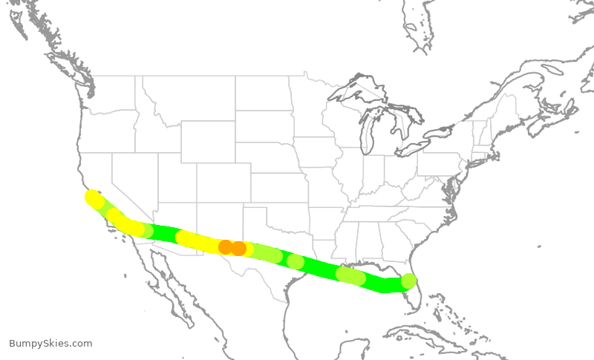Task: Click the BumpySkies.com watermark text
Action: (x=50, y=343)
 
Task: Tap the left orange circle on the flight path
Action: (x=226, y=247)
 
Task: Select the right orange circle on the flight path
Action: (x=238, y=249)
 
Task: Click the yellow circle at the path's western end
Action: (x=93, y=198)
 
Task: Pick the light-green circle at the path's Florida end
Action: (x=408, y=281)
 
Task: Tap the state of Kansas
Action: (x=278, y=189)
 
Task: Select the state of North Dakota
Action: (x=264, y=94)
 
